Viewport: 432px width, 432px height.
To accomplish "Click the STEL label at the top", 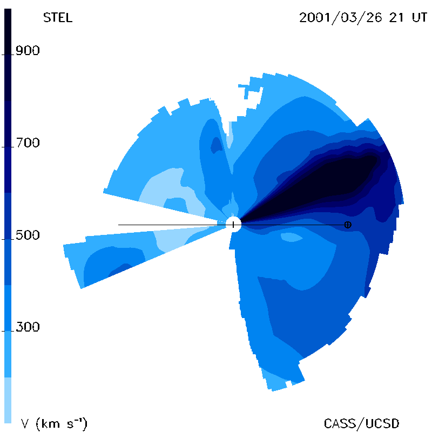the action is click(x=58, y=18).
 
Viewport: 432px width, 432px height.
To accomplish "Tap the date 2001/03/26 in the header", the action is click(x=341, y=18).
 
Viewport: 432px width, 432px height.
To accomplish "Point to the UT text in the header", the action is click(x=420, y=18).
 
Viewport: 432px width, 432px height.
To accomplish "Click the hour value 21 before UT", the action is click(x=396, y=18).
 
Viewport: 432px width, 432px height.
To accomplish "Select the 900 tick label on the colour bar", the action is click(x=28, y=51).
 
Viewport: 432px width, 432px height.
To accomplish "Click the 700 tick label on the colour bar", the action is click(x=28, y=143).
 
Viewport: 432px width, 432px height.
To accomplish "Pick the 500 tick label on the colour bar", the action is click(x=28, y=235).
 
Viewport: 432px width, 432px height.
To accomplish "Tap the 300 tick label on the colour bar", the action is click(x=28, y=327).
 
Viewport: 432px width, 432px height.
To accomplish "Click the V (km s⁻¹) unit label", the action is click(x=54, y=424).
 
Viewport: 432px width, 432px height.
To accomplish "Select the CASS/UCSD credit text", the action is click(x=361, y=424).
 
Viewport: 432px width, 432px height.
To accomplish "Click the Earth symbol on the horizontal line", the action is click(x=348, y=225).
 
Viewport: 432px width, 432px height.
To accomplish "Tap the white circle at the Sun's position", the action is click(x=233, y=224).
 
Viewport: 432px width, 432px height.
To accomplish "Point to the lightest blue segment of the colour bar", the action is click(x=8, y=400).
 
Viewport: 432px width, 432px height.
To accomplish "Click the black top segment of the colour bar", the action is click(x=8, y=55).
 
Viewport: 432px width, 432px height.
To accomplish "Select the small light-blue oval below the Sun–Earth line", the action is click(x=292, y=237).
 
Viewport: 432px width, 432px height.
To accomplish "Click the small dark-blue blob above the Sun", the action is click(x=217, y=145).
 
